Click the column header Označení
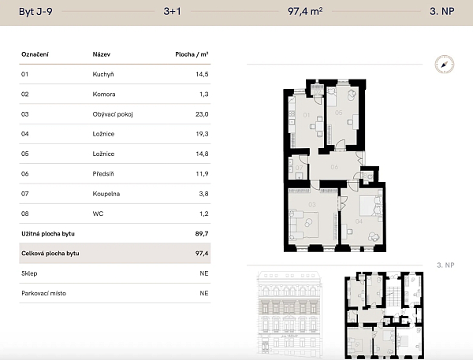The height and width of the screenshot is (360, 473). pos(35,54)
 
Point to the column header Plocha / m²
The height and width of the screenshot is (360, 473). pos(192,54)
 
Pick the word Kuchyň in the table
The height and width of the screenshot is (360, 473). pos(104,74)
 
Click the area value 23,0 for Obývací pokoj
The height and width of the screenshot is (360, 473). pos(201,114)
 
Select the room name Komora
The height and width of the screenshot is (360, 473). pos(104,95)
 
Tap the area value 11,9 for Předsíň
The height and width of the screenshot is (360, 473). pos(201,173)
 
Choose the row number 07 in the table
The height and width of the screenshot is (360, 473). pos(25,193)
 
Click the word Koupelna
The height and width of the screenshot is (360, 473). pos(106,193)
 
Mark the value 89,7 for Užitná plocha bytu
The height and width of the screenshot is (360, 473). pos(201,234)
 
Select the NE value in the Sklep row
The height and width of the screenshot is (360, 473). pos(203,273)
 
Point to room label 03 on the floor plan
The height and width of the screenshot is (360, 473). pos(311,205)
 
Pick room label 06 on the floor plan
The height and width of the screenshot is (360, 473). pos(333,167)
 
